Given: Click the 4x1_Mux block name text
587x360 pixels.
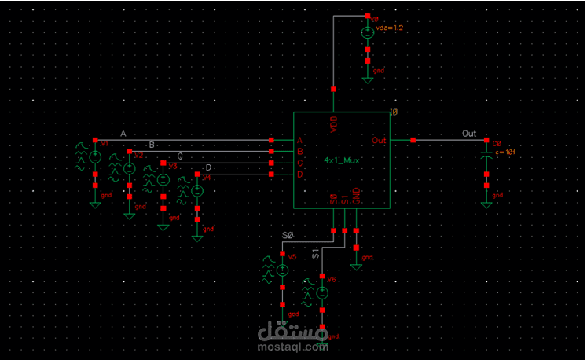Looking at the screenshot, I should (342, 160).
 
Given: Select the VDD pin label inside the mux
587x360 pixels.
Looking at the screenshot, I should (334, 126).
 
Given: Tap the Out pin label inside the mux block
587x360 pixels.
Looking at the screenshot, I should (379, 140).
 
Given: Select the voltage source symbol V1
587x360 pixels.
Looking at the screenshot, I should (95, 157).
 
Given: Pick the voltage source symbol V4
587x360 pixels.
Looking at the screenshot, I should (197, 191).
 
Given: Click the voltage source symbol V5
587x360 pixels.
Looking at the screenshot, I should (282, 270).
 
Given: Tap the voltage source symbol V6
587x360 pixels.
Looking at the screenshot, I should (323, 292).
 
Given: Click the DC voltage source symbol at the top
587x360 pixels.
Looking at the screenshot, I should (367, 33).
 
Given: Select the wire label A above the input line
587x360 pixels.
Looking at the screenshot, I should (123, 134).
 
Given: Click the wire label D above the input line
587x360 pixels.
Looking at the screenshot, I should (208, 167).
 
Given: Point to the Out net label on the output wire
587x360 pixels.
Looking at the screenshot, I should (469, 134).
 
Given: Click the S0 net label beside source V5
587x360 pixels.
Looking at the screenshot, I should (287, 236).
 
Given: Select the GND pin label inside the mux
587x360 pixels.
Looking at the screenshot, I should (356, 197).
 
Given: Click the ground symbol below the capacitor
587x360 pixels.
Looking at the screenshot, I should (486, 204).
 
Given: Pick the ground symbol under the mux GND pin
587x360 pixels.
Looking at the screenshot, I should (357, 266).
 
